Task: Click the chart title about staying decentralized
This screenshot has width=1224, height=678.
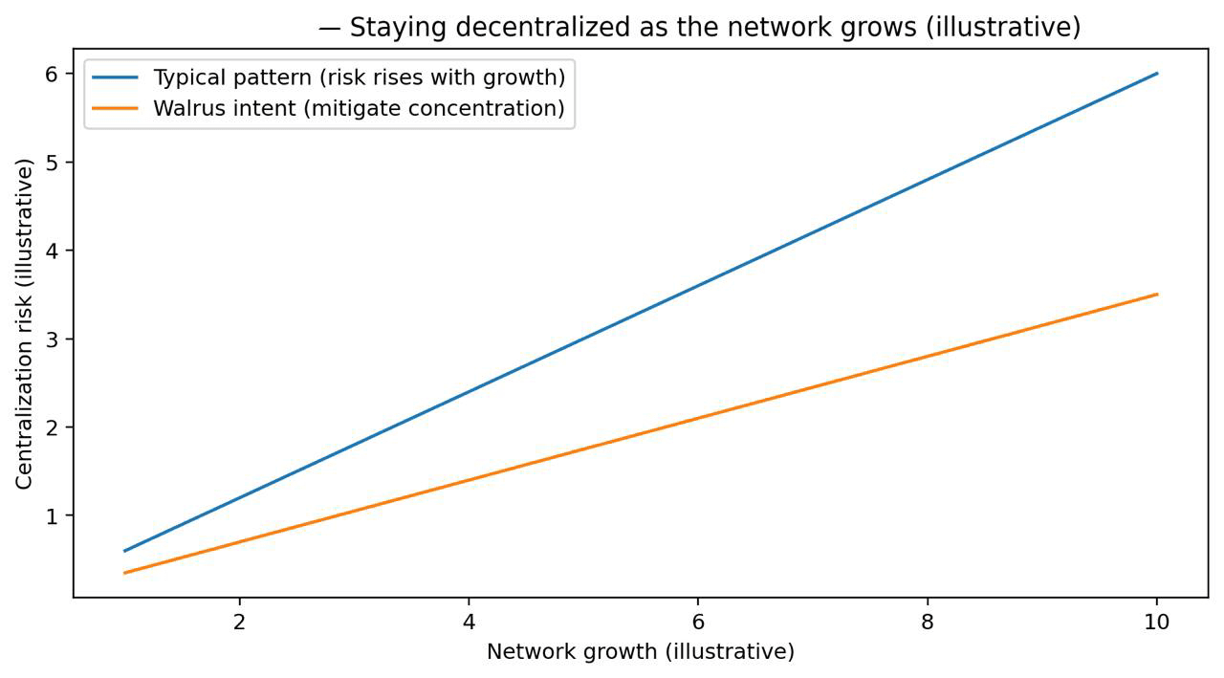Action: point(699,28)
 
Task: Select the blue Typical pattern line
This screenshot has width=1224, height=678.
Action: point(641,312)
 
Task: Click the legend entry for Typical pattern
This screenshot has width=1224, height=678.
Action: point(359,77)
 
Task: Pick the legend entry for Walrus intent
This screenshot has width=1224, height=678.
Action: point(359,109)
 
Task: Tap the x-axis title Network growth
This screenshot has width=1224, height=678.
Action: point(641,652)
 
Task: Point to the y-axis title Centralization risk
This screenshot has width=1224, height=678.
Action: point(25,323)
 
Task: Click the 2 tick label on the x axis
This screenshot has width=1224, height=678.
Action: point(239,622)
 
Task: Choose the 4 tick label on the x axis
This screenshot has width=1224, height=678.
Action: point(469,622)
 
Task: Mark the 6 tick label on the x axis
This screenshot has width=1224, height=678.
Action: point(698,622)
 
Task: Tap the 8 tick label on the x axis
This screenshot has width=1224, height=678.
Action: point(928,622)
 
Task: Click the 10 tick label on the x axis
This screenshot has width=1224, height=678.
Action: point(1157,622)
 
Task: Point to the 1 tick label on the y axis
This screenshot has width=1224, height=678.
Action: point(54,515)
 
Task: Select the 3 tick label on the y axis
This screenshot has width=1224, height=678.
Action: point(54,339)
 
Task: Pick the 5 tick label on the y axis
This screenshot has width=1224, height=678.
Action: point(54,162)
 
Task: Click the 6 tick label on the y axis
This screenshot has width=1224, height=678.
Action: point(54,74)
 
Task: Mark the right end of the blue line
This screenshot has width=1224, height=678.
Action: point(1157,74)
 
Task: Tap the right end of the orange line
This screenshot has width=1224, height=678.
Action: point(1157,295)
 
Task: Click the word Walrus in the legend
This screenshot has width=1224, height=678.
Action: point(185,109)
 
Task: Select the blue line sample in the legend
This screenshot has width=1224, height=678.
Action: point(116,77)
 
